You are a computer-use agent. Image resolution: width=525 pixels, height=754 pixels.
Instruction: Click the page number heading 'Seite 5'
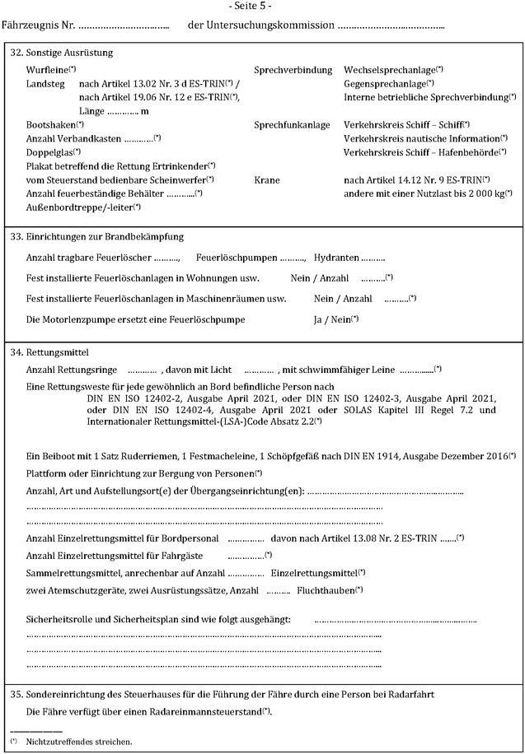(x=261, y=7)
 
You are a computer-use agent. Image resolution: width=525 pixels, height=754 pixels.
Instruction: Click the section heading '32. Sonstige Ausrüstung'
(x=61, y=54)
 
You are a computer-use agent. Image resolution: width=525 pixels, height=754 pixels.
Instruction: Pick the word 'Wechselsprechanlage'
(x=389, y=70)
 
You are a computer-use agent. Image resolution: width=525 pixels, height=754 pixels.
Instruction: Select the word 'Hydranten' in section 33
(x=335, y=258)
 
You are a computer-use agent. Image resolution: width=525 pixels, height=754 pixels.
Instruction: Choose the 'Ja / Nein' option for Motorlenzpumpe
(x=331, y=319)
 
